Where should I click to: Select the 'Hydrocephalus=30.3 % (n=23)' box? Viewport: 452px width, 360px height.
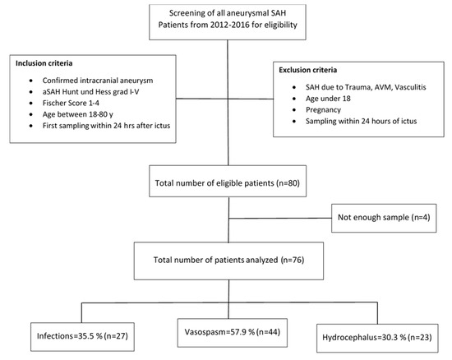click(x=377, y=338)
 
